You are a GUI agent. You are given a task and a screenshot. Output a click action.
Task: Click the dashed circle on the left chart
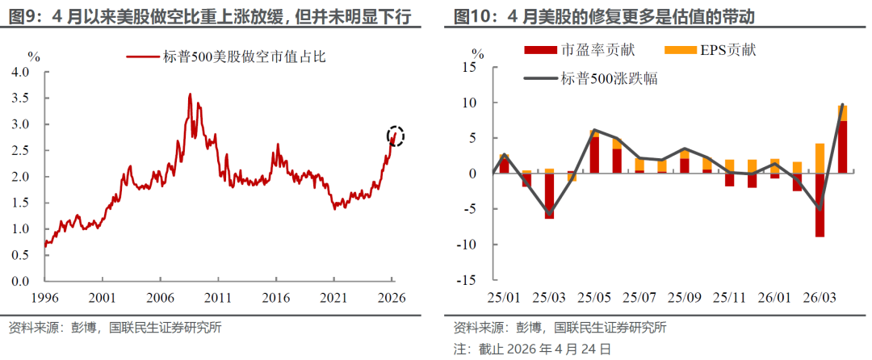click(396, 136)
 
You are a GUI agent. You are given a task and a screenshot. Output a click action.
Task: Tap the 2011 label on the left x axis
click(218, 296)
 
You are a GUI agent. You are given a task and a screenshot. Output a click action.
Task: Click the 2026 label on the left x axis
click(392, 296)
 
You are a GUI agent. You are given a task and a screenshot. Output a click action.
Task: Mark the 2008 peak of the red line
click(190, 94)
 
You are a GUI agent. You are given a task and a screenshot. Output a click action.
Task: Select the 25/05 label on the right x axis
click(594, 296)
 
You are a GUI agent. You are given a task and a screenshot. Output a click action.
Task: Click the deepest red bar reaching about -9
click(820, 205)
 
